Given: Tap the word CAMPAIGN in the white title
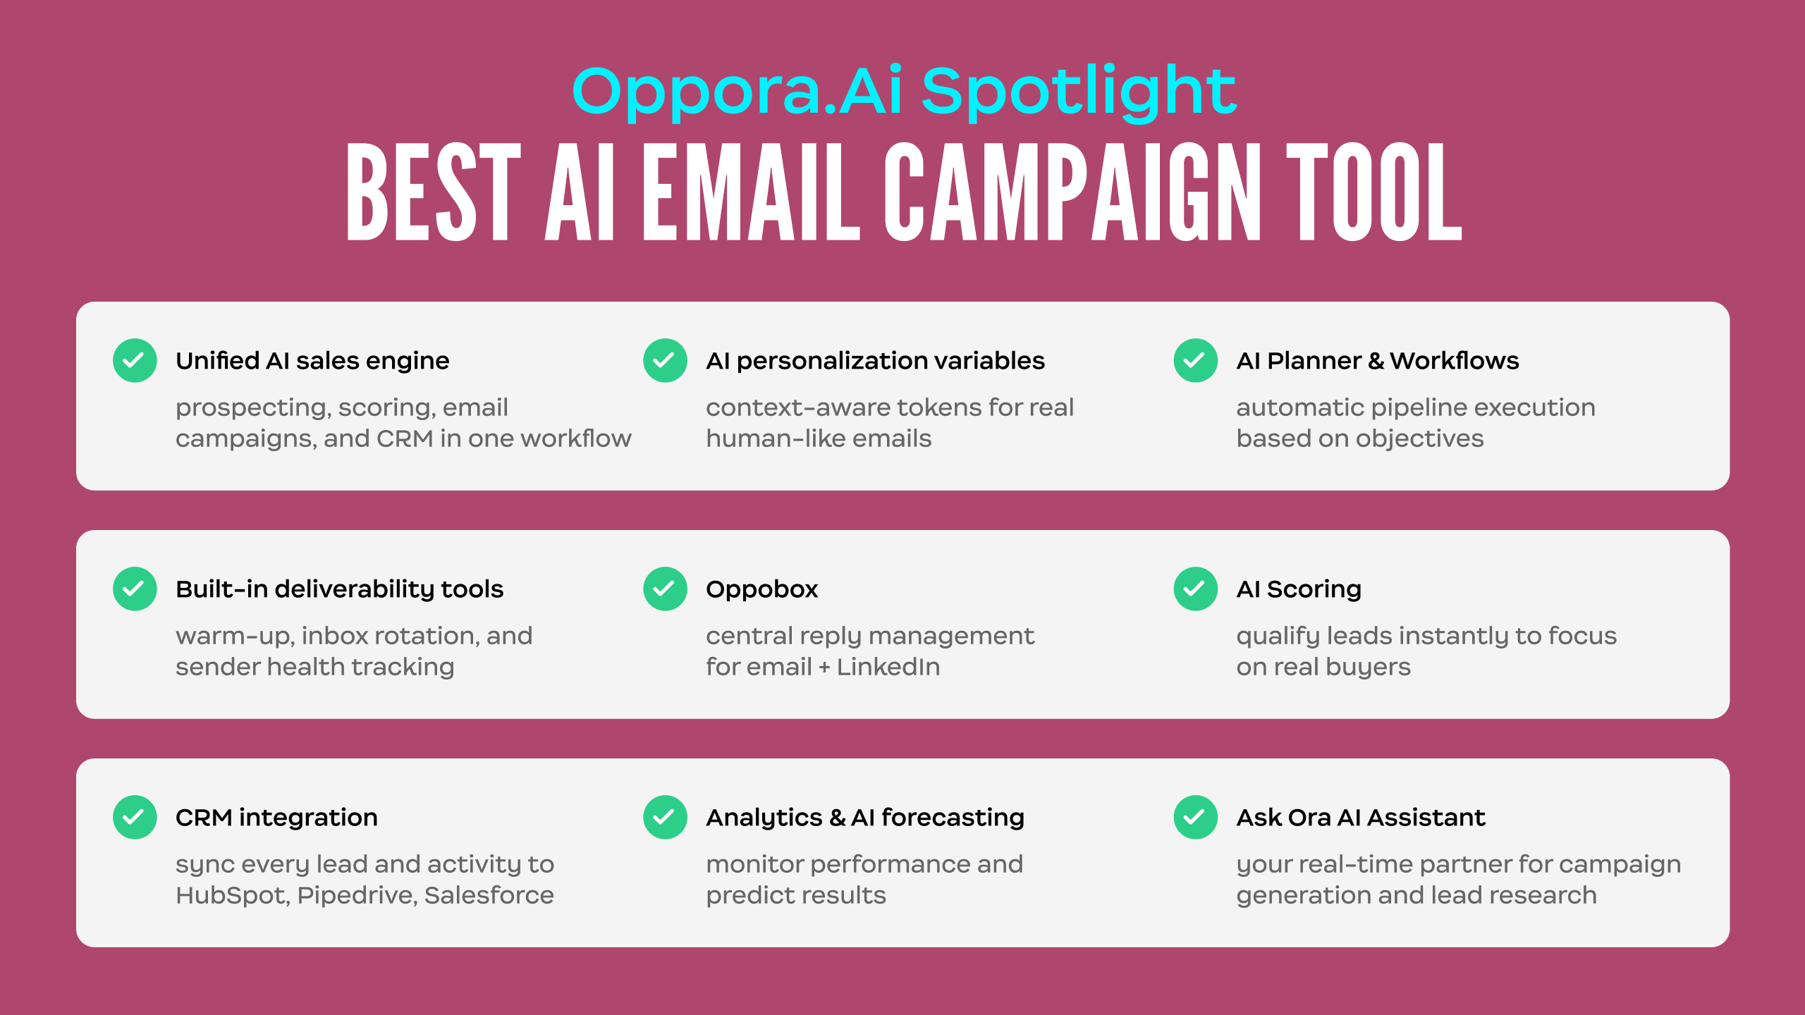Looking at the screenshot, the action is (x=1072, y=192).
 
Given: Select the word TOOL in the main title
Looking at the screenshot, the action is (x=1374, y=192).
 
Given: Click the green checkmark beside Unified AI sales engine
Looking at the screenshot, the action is (x=135, y=361).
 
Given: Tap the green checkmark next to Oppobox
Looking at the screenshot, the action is (x=665, y=589).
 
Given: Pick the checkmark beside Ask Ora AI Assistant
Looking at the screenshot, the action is (x=1195, y=817).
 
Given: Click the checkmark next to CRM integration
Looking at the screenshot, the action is (x=135, y=817).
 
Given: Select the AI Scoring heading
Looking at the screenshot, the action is (x=1299, y=589).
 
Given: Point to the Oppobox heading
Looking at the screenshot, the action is (x=761, y=589).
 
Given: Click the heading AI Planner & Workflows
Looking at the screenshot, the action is (x=1378, y=361).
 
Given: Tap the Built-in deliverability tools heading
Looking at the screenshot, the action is (x=340, y=589).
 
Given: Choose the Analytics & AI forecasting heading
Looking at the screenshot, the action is (x=865, y=818).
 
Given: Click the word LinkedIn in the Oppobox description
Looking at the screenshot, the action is (x=888, y=667).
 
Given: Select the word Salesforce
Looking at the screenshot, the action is (x=489, y=895).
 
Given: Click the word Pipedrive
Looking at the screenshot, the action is (x=356, y=896).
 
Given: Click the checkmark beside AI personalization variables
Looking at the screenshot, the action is (x=665, y=361).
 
